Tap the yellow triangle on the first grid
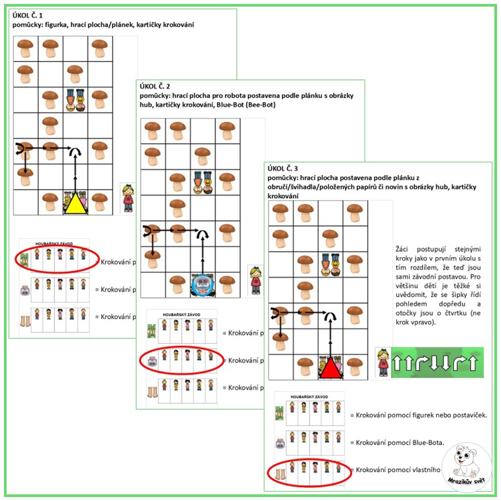point(75,201)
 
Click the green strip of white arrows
point(436,362)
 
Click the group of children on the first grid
point(75,99)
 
